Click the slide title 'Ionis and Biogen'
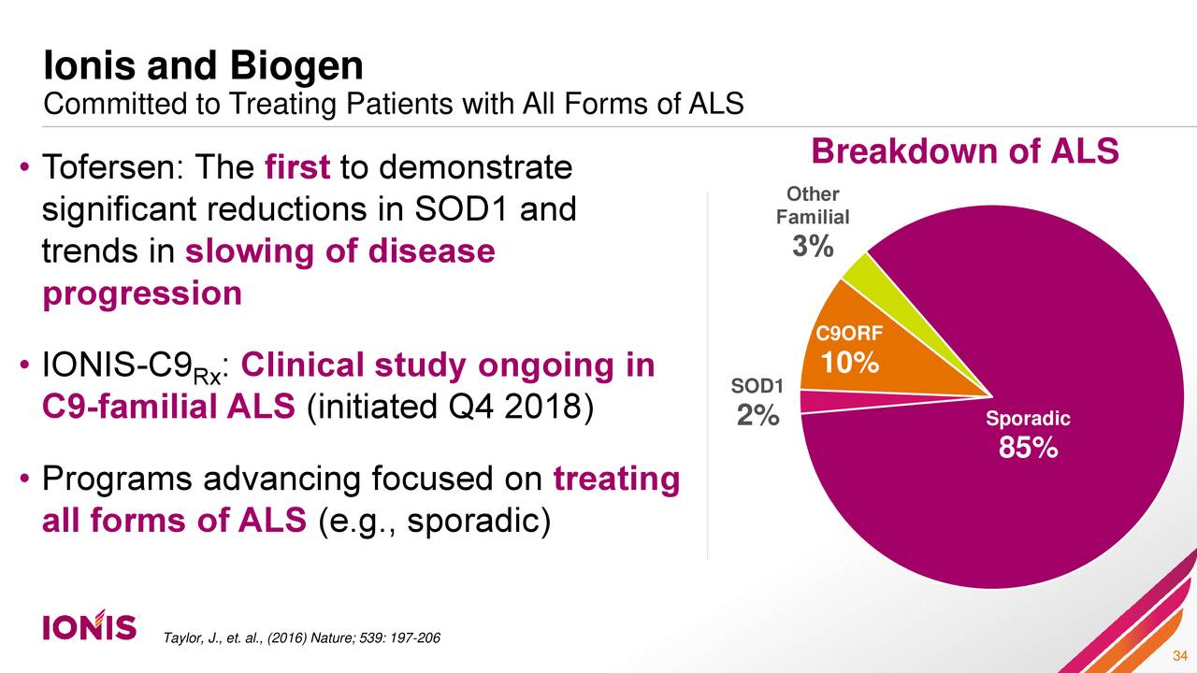coord(204,66)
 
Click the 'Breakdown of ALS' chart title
coord(964,151)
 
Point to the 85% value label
coord(1028,449)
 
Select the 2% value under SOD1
coord(757,416)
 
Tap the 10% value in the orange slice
coord(849,362)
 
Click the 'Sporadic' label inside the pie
coord(1028,419)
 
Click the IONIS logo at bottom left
coord(90,627)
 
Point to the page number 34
coord(1179,654)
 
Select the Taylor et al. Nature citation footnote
coord(289,637)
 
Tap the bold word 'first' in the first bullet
coord(297,168)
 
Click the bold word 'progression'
coord(142,294)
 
